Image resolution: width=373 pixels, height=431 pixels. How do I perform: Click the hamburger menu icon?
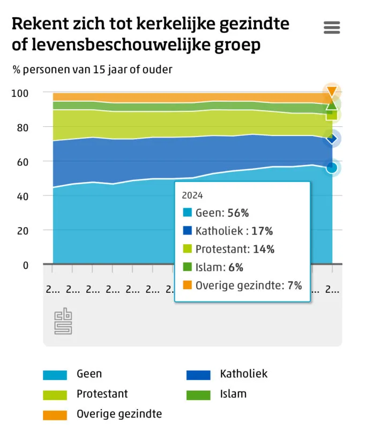coord(332,28)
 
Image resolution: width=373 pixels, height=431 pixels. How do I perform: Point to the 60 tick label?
coord(21,162)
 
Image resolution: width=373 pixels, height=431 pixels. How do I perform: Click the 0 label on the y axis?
coord(25,264)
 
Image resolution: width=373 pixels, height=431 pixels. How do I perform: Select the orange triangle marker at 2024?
coord(332,92)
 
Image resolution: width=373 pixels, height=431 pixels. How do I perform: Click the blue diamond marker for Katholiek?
coord(332,139)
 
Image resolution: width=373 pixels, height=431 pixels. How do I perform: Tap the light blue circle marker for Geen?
coord(332,168)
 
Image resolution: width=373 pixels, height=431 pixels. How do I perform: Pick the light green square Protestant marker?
coord(332,115)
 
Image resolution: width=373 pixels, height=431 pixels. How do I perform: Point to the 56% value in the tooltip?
coord(237,213)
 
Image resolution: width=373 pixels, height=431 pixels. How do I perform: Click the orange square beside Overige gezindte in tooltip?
coord(187,285)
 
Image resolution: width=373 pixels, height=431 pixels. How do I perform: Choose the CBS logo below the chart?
coord(63,321)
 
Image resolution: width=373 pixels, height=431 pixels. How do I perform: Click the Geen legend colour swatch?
coord(55,375)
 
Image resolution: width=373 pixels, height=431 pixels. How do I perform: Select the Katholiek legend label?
coord(243,374)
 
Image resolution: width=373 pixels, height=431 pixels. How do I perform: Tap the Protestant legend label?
coord(102,394)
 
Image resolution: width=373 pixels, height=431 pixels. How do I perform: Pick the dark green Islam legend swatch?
coord(198,395)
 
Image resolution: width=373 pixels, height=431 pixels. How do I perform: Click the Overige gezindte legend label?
coord(119,414)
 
